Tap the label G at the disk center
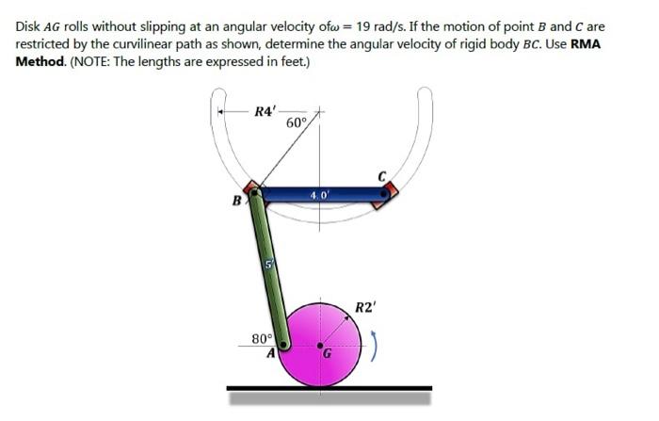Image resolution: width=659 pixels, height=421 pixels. [328, 355]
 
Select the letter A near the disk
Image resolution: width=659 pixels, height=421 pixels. [269, 355]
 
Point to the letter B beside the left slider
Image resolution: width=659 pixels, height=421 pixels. [238, 200]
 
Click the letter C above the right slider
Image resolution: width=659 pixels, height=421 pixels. [382, 175]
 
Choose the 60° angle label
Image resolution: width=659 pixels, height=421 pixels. [296, 123]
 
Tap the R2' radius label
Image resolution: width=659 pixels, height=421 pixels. [365, 306]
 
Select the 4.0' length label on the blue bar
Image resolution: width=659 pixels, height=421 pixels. [317, 196]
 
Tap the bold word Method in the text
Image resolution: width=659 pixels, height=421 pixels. [41, 61]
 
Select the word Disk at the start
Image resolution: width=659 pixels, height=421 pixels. [28, 25]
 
